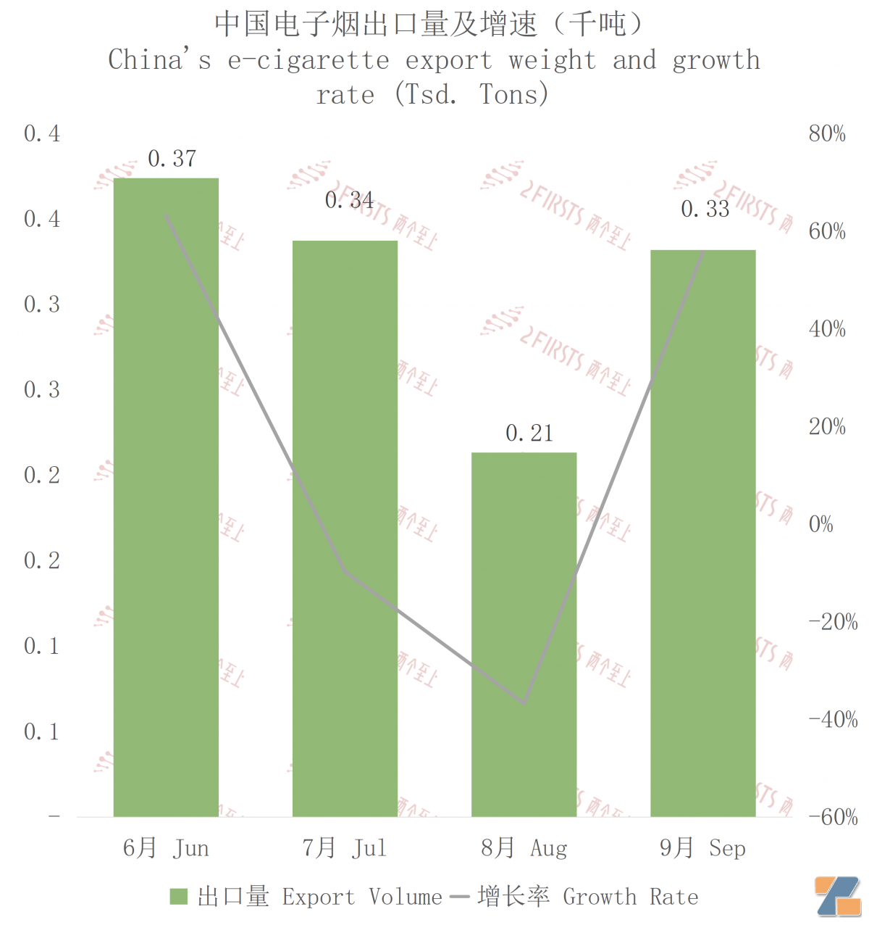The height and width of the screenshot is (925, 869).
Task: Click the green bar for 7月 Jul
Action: [x=345, y=528]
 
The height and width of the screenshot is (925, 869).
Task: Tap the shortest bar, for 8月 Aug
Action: [x=524, y=634]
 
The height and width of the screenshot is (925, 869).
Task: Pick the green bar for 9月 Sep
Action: [x=702, y=533]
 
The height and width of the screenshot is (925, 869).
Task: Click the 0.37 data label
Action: [x=172, y=159]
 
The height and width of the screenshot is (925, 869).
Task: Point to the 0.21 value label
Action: [x=529, y=434]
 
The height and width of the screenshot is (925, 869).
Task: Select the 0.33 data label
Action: [x=705, y=210]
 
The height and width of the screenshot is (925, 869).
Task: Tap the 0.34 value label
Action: [x=349, y=200]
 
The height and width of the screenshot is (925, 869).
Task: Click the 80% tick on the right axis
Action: [x=827, y=133]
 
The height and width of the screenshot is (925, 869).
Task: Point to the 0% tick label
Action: [x=820, y=524]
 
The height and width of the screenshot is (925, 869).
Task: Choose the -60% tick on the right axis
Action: [x=833, y=817]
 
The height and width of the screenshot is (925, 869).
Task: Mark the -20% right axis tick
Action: [x=833, y=622]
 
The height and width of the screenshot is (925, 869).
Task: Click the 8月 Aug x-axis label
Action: [x=524, y=848]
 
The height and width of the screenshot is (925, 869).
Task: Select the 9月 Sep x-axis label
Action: [x=702, y=848]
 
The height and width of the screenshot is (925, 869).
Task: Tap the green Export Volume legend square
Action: [x=178, y=897]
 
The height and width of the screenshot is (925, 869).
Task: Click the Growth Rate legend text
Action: [x=630, y=897]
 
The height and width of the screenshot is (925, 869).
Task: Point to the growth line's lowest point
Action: [x=524, y=702]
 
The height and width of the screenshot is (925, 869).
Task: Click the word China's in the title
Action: [x=159, y=60]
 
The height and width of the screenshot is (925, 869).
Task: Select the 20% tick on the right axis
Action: [x=827, y=426]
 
